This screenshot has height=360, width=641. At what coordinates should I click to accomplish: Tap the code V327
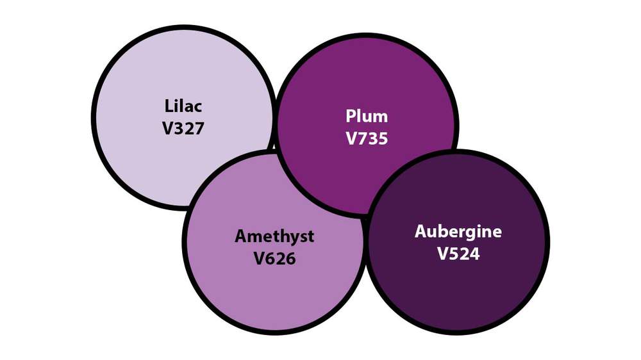tap(183, 127)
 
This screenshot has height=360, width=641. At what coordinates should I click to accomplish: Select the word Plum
tap(367, 117)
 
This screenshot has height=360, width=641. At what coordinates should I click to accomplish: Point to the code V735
tap(367, 138)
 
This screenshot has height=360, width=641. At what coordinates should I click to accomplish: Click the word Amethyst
tap(274, 236)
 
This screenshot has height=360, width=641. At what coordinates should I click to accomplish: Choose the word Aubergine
tap(458, 232)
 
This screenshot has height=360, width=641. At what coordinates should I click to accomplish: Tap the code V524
tap(458, 254)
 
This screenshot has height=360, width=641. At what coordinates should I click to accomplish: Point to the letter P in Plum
tap(351, 117)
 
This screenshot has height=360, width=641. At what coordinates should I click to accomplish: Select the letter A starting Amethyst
tap(241, 236)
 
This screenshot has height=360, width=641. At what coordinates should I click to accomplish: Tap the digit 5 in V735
tap(382, 138)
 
